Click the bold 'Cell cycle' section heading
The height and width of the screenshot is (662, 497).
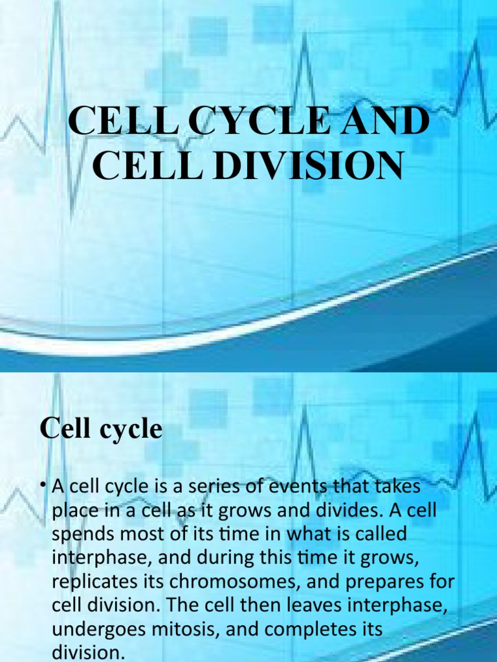101,429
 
